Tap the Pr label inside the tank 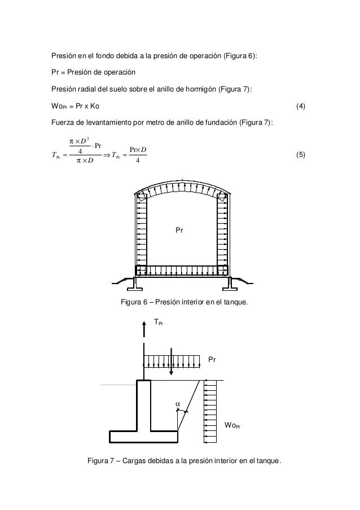tap(179, 231)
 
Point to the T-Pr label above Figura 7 tap(160, 322)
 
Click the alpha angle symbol tap(178, 404)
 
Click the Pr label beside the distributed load tap(213, 359)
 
